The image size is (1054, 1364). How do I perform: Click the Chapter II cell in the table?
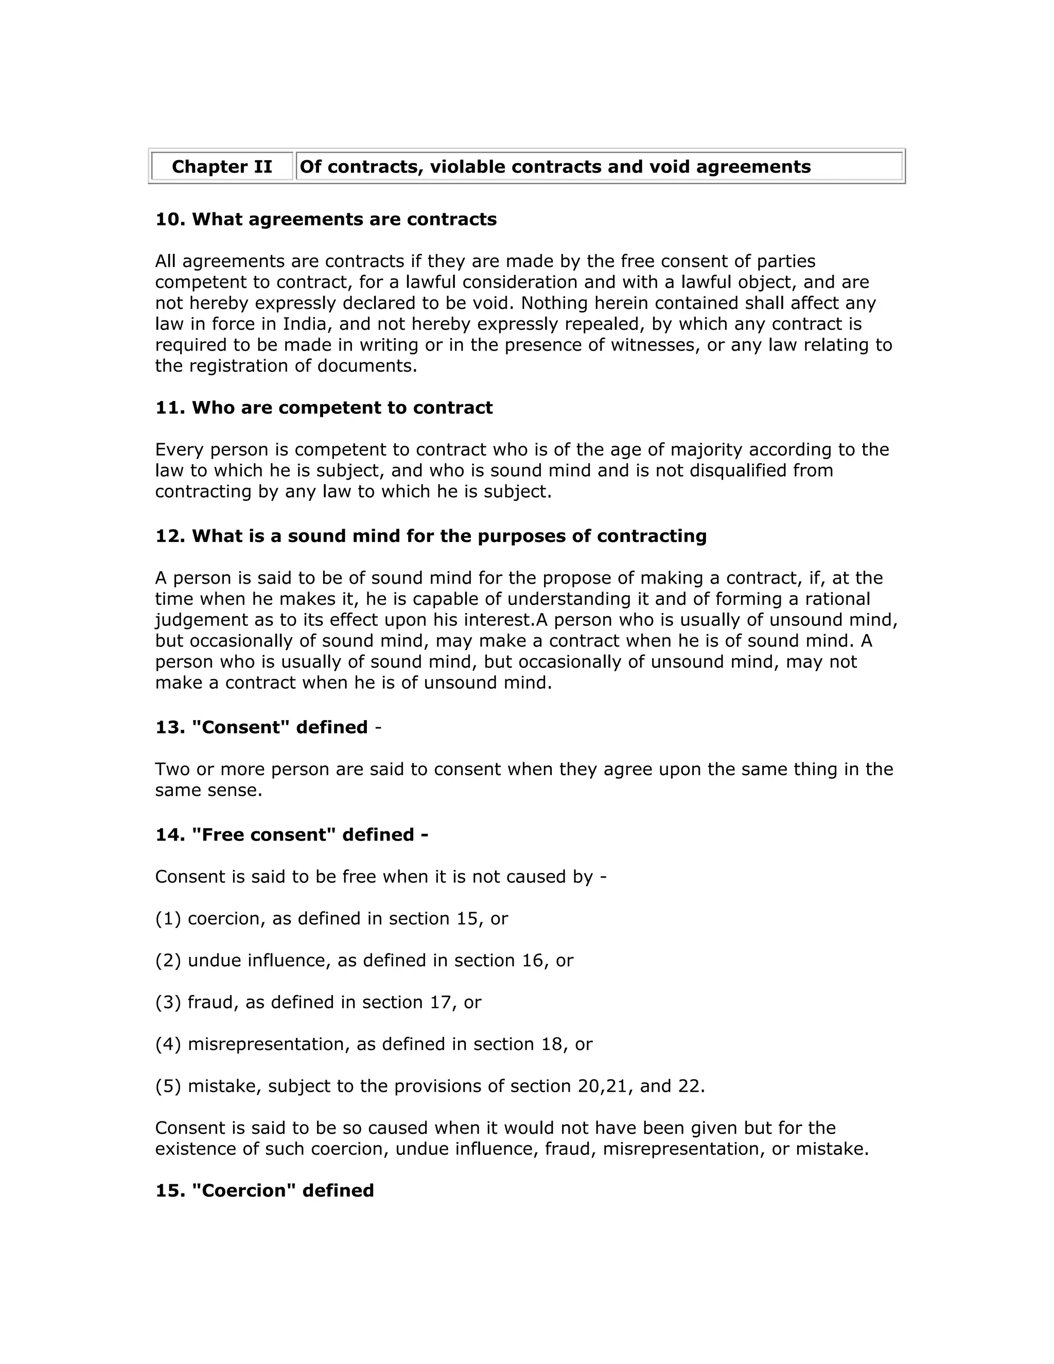[222, 167]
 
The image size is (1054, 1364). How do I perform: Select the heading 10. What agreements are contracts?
[326, 219]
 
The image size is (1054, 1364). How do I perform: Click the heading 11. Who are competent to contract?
[323, 408]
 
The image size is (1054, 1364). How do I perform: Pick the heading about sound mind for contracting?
[431, 536]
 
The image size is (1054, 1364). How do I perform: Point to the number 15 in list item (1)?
[467, 919]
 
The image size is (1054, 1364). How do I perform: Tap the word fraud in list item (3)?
[214, 1002]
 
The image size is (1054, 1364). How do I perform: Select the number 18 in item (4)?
[552, 1044]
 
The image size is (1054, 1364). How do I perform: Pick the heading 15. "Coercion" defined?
[264, 1191]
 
